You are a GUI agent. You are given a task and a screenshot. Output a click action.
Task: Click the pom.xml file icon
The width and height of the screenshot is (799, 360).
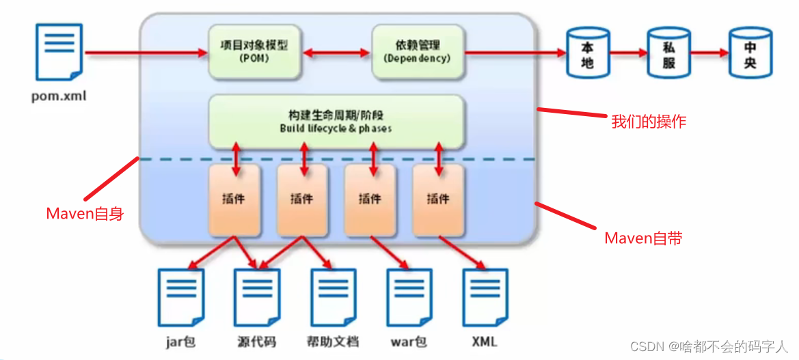[x=59, y=51]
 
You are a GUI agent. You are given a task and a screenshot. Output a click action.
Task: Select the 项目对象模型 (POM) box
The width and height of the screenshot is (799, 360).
[x=254, y=52]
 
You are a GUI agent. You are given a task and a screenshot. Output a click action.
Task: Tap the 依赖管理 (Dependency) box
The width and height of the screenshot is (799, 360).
[x=417, y=52]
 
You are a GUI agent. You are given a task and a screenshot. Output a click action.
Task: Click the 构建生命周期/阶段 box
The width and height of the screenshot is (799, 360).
[x=336, y=122]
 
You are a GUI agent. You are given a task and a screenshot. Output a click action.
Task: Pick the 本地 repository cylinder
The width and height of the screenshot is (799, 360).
[x=587, y=53]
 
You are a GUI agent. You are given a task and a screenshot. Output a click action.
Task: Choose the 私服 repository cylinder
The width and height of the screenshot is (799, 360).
[x=668, y=53]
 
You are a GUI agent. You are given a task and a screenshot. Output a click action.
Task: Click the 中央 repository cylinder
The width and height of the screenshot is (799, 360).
[x=750, y=53]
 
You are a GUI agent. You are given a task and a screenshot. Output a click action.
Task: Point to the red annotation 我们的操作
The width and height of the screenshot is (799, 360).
[x=648, y=122]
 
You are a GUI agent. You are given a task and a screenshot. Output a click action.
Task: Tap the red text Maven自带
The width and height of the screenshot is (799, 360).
[x=643, y=238]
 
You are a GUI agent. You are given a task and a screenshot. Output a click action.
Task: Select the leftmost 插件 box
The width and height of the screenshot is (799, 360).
[x=234, y=199]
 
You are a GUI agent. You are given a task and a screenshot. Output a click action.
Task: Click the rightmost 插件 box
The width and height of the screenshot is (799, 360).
[x=438, y=199]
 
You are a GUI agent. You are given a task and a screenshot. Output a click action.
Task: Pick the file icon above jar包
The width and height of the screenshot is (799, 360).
[x=181, y=297]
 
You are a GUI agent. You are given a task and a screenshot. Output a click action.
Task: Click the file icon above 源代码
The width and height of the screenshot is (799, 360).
[x=257, y=297]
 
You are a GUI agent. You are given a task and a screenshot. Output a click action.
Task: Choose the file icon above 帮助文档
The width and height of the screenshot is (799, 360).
[x=334, y=297]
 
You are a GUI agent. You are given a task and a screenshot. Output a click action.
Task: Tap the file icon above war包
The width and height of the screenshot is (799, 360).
[x=409, y=297]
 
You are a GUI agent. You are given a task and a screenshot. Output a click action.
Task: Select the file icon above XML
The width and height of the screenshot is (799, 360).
[x=485, y=297]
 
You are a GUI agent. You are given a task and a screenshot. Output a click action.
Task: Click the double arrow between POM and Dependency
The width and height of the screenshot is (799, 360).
[x=336, y=52]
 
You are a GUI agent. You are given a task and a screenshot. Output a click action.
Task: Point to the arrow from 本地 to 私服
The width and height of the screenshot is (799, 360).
[x=628, y=53]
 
